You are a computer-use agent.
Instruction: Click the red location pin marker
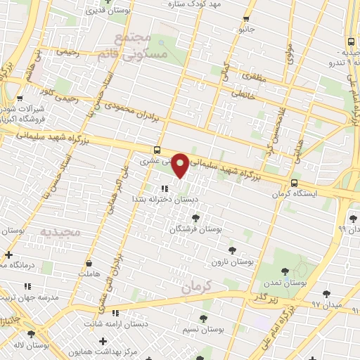click(181, 165)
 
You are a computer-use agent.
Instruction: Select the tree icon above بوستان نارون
click(232, 250)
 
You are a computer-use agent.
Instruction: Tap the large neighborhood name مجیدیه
click(60, 231)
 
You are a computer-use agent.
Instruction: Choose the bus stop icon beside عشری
click(156, 150)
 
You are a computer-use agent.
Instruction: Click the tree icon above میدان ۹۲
click(326, 293)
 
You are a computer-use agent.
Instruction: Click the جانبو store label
click(245, 30)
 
